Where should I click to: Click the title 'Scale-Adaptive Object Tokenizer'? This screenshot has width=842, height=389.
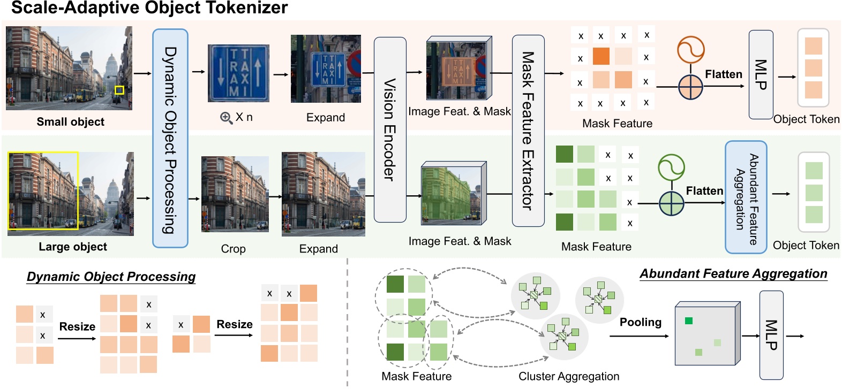click(x=149, y=8)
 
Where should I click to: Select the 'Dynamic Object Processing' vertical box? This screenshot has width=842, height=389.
click(x=170, y=138)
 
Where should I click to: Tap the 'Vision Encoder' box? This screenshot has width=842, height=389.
click(x=389, y=129)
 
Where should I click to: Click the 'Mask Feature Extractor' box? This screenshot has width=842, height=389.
click(x=528, y=131)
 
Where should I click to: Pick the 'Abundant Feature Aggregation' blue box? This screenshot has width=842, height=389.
click(x=746, y=197)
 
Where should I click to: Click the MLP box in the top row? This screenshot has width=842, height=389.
click(x=761, y=74)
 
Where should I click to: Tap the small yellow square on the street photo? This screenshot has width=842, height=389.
click(x=119, y=90)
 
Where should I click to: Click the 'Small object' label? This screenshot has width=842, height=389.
click(x=70, y=122)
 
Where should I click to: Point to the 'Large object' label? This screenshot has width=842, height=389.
click(x=73, y=247)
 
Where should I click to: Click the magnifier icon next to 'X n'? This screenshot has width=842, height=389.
click(x=226, y=118)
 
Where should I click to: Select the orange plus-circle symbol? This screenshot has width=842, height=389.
click(x=690, y=87)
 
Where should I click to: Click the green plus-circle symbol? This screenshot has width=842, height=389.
click(x=672, y=203)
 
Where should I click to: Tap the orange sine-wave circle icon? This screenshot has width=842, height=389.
click(x=690, y=50)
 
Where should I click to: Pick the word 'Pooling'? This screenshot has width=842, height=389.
click(x=640, y=322)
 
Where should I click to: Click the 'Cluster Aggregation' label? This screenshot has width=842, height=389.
click(x=568, y=376)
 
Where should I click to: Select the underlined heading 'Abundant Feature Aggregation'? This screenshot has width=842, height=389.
click(x=733, y=274)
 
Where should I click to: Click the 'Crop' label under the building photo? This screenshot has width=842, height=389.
click(x=233, y=249)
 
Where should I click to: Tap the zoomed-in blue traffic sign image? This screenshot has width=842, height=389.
click(x=238, y=73)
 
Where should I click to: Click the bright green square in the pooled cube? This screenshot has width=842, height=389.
click(x=689, y=321)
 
